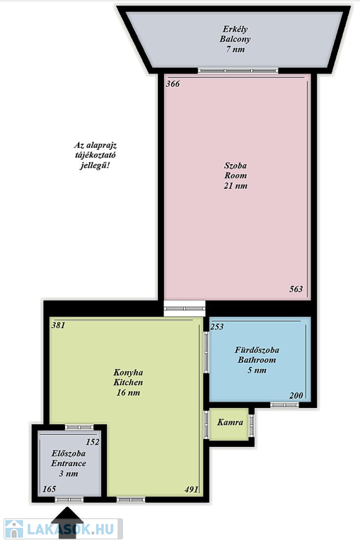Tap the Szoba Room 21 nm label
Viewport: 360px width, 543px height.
coord(236,175)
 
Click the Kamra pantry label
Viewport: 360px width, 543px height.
coord(230,423)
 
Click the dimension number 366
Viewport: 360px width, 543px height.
coord(173,84)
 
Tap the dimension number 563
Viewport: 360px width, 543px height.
coord(296,288)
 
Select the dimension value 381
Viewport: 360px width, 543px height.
coord(58,325)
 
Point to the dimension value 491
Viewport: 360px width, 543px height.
coord(192,489)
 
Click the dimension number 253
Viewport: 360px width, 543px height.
coord(217,327)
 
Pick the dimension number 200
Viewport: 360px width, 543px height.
coord(296,395)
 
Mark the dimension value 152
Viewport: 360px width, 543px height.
coord(93,442)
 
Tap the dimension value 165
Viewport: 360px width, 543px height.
coord(50,489)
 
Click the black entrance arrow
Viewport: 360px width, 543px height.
coord(67,522)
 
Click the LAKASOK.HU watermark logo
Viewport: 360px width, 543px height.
coord(63,529)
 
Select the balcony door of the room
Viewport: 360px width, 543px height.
coord(238,71)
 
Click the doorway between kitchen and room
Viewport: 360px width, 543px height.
coord(185,308)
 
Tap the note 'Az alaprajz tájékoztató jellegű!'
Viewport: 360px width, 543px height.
coord(95,155)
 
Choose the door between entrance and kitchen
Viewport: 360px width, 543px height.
coord(79,427)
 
